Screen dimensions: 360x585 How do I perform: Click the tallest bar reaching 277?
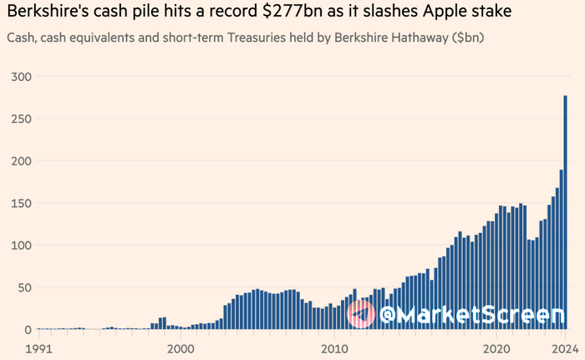click(566, 213)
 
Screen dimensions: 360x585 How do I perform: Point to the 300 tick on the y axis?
click(20, 76)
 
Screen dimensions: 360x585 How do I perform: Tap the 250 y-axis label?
click(20, 119)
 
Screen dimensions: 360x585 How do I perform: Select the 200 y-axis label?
click(20, 160)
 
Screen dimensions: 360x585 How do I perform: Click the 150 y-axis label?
click(20, 203)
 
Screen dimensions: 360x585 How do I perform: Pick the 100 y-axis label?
click(20, 245)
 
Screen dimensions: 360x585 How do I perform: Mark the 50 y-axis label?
click(23, 287)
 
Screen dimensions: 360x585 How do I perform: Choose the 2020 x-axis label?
click(497, 347)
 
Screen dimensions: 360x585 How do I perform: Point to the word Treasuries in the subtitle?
click(289, 38)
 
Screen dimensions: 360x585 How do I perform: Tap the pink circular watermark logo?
click(361, 314)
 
